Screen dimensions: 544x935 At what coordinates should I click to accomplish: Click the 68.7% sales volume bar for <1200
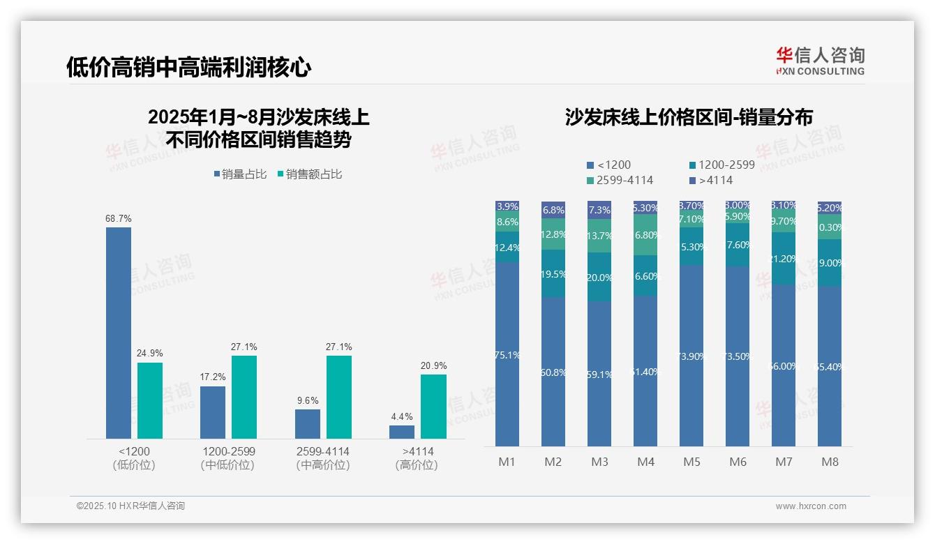tap(119, 333)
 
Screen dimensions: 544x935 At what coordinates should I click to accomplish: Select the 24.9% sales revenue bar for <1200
tap(150, 400)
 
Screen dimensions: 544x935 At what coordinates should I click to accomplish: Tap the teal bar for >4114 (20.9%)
tap(433, 407)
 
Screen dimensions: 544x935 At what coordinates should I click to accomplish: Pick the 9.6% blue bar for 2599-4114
tap(308, 424)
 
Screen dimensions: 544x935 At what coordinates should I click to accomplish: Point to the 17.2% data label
tap(213, 377)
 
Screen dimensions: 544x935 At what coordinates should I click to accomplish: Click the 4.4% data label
tap(402, 416)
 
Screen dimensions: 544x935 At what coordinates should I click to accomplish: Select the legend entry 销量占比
tap(240, 174)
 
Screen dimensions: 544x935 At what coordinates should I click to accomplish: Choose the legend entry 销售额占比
tap(310, 174)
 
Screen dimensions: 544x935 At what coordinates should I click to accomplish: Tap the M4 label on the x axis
tap(645, 462)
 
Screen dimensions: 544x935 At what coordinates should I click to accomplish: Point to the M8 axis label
tap(830, 462)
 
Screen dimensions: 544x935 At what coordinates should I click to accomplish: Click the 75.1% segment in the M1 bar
tap(507, 354)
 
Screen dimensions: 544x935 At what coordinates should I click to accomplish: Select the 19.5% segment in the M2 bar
tap(553, 274)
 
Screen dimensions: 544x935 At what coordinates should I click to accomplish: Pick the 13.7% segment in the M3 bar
tap(599, 236)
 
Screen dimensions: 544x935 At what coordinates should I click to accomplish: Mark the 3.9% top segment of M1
tap(507, 206)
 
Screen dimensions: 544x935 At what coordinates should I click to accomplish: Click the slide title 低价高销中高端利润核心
tap(188, 67)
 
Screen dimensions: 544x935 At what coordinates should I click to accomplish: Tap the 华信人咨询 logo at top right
tap(820, 61)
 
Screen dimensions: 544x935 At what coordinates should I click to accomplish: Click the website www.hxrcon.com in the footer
tap(810, 506)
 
